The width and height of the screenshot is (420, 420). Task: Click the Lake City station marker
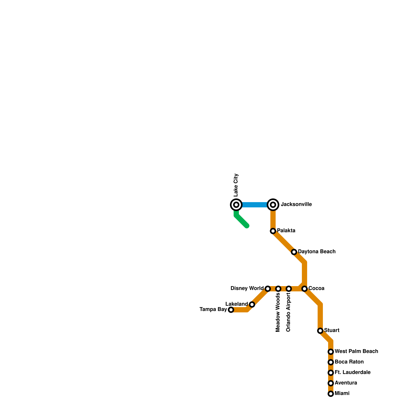(236, 205)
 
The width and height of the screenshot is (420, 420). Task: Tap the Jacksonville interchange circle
(273, 205)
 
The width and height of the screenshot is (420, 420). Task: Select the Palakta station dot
(273, 231)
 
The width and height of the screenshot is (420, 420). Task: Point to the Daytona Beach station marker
(294, 252)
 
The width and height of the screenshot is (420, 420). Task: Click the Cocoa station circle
(304, 289)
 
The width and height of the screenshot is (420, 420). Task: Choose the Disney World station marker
(268, 289)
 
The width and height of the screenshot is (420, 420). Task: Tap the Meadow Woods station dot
(278, 289)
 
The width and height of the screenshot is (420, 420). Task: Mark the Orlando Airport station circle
(289, 289)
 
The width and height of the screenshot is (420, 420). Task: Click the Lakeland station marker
(252, 304)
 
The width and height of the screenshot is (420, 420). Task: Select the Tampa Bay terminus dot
(231, 310)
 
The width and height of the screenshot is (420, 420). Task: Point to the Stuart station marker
(320, 331)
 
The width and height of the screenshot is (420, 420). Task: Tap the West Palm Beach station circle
(331, 352)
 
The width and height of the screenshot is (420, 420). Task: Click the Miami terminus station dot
(331, 394)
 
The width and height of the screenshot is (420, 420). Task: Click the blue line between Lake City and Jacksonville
(255, 205)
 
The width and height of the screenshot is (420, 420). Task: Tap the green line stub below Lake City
(241, 221)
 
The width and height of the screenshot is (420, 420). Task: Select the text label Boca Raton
(349, 362)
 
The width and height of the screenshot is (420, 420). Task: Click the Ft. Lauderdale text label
(353, 372)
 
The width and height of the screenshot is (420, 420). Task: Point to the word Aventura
(346, 383)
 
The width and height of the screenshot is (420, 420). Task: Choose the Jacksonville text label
(296, 204)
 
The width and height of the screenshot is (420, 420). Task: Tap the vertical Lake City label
(236, 185)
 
